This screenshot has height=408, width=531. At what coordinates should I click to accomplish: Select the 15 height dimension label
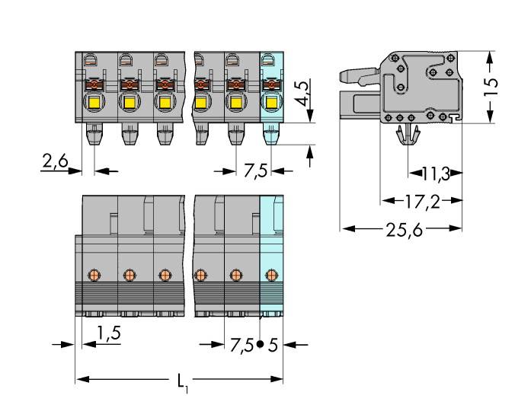(491, 86)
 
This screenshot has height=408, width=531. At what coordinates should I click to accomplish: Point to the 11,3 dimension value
(434, 174)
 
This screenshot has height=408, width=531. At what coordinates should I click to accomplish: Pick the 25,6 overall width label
(404, 228)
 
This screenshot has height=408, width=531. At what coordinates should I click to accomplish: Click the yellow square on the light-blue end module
(270, 103)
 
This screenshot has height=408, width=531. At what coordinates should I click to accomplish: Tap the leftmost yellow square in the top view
(94, 103)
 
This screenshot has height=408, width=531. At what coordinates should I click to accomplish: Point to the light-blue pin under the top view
(270, 135)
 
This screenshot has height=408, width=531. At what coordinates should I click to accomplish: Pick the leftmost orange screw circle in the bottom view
(94, 274)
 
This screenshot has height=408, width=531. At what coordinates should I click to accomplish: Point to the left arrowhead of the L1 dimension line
(80, 378)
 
